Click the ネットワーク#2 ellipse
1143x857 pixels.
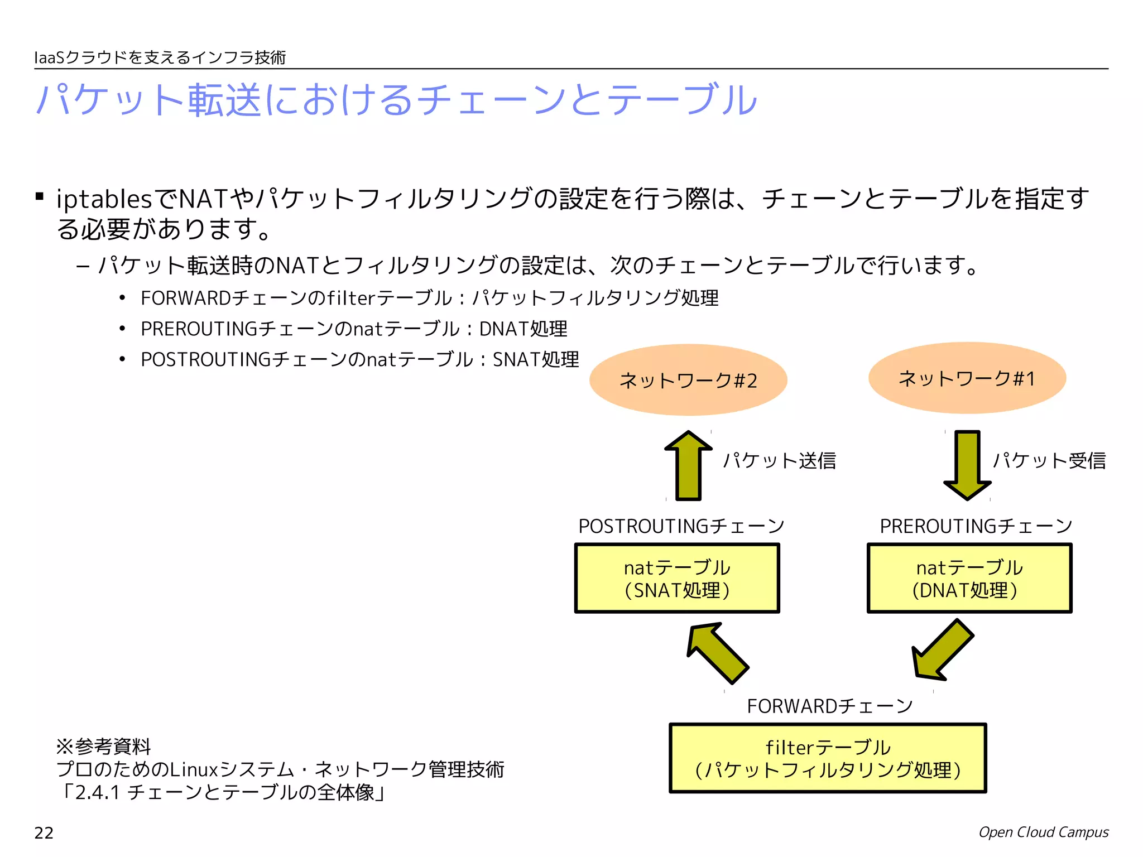coord(688,380)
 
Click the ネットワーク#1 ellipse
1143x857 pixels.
coord(967,378)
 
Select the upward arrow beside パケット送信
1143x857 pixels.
coord(689,466)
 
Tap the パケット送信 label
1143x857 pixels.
coord(780,461)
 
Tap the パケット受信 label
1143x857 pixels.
coord(1049,461)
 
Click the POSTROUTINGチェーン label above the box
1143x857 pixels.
coord(681,526)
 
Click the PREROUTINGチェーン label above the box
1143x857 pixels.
coord(976,526)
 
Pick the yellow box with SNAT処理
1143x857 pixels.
coord(677,579)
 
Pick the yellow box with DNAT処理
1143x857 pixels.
coord(969,579)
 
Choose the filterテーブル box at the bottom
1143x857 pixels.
coord(828,758)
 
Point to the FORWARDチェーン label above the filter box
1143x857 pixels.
coord(830,706)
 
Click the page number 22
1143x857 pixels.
coord(44,833)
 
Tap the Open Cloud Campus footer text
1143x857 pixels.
coord(1044,832)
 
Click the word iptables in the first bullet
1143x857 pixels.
coord(104,199)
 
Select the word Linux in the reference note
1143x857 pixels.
coord(194,770)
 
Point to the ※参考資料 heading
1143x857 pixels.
coord(103,746)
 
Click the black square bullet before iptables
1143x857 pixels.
coord(40,196)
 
